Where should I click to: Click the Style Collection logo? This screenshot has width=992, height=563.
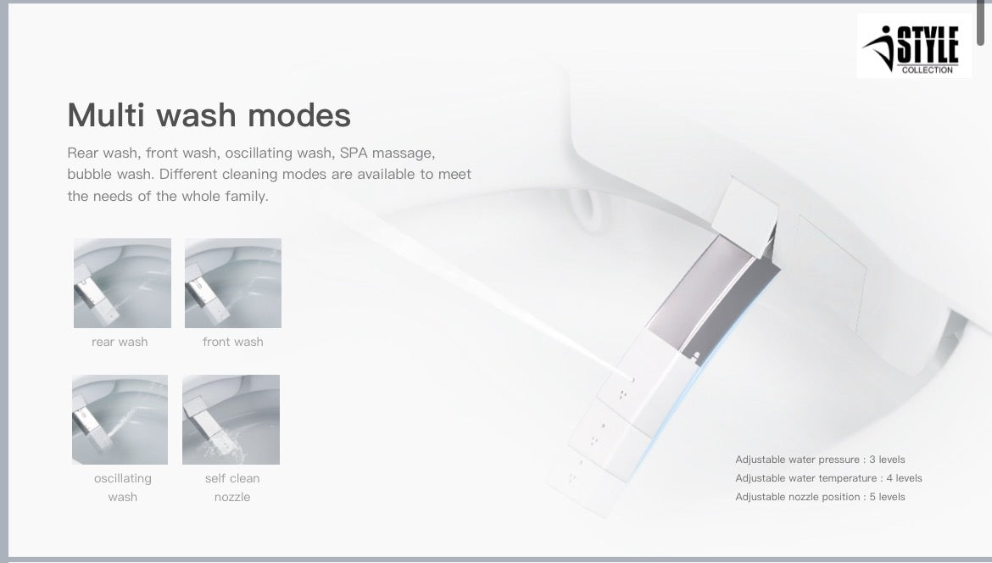pyautogui.click(x=914, y=47)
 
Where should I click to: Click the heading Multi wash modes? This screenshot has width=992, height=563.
pyautogui.click(x=209, y=114)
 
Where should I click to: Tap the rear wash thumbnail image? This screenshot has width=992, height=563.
pyautogui.click(x=122, y=283)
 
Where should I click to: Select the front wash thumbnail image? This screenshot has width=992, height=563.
pyautogui.click(x=233, y=283)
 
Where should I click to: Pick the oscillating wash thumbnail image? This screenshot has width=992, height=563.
pyautogui.click(x=120, y=420)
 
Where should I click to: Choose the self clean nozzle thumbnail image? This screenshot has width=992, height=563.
pyautogui.click(x=231, y=420)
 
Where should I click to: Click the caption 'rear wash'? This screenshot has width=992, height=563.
pyautogui.click(x=120, y=342)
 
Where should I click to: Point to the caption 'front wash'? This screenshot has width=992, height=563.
pyautogui.click(x=233, y=342)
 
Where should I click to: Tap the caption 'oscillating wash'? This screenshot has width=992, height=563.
pyautogui.click(x=123, y=488)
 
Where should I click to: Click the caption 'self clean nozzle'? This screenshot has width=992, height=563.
pyautogui.click(x=232, y=488)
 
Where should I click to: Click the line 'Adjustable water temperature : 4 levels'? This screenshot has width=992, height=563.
pyautogui.click(x=828, y=478)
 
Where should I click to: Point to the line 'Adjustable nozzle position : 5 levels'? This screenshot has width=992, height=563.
pyautogui.click(x=820, y=497)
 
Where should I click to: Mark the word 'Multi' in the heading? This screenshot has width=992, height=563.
pyautogui.click(x=102, y=114)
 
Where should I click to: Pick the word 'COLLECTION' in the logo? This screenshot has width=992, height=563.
pyautogui.click(x=927, y=70)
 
